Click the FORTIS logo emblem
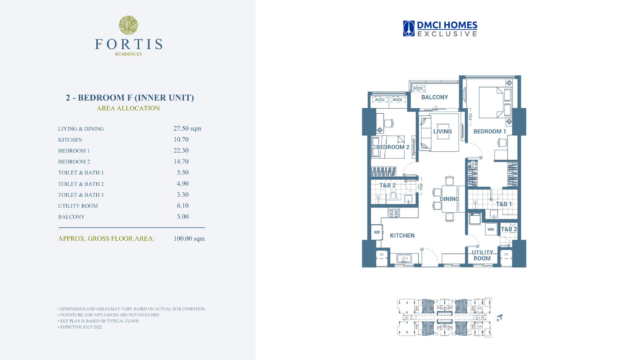coord(128,25)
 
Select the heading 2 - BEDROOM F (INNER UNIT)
coord(128,96)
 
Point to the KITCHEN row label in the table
coord(70,141)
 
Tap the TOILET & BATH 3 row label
coord(81,195)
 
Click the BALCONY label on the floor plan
coord(434,97)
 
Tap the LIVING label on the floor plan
coord(444,131)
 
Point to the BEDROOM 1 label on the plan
coord(490,132)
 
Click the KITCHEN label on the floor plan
coord(403,235)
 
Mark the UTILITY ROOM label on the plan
coord(482,254)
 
